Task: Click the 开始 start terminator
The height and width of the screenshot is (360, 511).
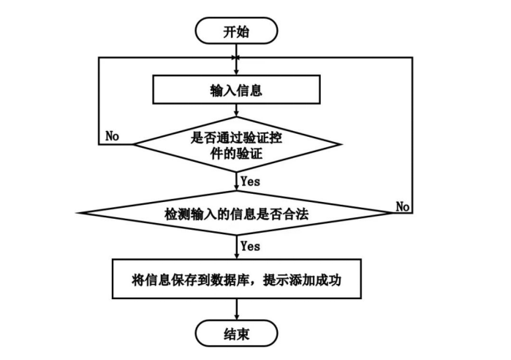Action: coord(236,31)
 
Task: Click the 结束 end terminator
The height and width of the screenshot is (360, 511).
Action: coord(236,334)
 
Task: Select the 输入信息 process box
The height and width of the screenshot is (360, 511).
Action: coord(236,91)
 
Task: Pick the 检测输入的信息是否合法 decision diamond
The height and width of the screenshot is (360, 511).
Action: coord(236,214)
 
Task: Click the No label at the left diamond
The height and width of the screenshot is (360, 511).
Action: coord(113,136)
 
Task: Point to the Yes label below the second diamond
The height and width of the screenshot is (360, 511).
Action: coord(250,246)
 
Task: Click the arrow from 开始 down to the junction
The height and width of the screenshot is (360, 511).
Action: coord(236,50)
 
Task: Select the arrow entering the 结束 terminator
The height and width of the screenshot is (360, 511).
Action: coord(236,310)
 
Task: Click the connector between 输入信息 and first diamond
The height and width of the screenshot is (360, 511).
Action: coord(236,111)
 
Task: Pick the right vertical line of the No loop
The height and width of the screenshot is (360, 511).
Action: coord(412,135)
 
